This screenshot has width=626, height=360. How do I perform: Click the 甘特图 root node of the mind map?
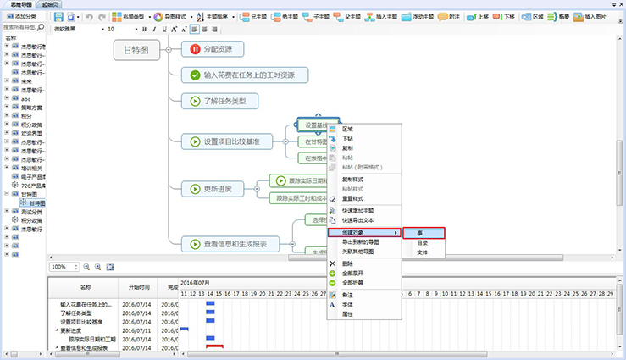click(x=136, y=51)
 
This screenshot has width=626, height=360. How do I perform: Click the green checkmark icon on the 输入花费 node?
click(x=196, y=75)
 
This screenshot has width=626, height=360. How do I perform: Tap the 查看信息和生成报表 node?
click(x=235, y=244)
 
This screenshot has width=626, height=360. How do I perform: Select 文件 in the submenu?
click(x=423, y=252)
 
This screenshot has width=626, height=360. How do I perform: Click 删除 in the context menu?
click(x=348, y=263)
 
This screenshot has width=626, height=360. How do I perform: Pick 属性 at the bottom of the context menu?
click(x=348, y=314)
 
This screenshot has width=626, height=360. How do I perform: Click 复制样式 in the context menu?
click(x=354, y=180)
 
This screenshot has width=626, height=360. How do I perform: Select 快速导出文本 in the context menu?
click(x=361, y=219)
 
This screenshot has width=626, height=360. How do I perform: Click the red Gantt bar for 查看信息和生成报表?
click(x=214, y=346)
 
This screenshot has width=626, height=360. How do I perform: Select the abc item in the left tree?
click(x=26, y=98)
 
